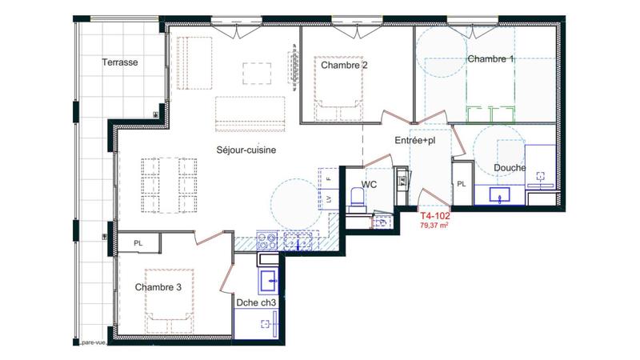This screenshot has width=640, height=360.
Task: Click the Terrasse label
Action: [121, 62]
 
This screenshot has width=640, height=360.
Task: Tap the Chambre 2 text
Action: [344, 66]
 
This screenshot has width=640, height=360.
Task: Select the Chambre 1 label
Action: [491, 59]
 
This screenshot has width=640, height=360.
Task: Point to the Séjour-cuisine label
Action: [246, 150]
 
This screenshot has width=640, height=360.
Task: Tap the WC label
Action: [370, 184]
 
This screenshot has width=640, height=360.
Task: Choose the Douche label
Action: [510, 167]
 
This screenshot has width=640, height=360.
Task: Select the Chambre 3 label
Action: [158, 287]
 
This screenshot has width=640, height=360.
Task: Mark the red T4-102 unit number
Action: [436, 216]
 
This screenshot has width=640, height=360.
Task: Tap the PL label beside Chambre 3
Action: [138, 243]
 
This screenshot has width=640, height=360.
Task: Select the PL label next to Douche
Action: [462, 184]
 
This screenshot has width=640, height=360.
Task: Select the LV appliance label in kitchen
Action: [327, 198]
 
